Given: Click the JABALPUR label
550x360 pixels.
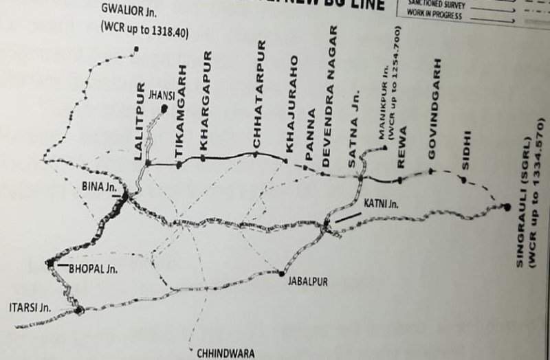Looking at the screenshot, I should (307, 282).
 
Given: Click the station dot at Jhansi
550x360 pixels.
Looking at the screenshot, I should (164, 109).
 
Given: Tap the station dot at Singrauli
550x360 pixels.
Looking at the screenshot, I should (507, 206).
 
